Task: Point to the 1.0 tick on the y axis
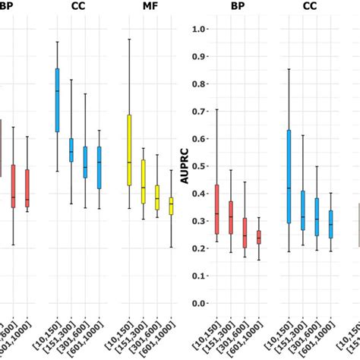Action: coord(200,29)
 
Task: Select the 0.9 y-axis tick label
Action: coord(200,56)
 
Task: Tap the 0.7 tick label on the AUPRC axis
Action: coord(200,112)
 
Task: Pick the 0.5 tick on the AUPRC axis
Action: coord(200,166)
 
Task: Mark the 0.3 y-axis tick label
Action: coord(200,221)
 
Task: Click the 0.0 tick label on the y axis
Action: coord(200,304)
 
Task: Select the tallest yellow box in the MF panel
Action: coord(129,150)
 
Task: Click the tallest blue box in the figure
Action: coord(289,176)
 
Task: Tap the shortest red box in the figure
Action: coord(258,237)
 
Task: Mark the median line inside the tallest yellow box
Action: coord(129,162)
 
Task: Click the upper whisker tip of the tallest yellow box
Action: coord(129,39)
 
